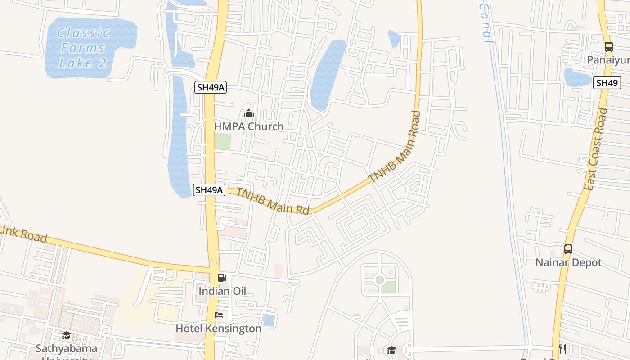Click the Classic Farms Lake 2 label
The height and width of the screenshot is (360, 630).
(84, 48)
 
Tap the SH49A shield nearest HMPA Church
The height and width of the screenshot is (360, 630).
(211, 87)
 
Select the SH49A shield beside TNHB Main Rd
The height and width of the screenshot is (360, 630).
(209, 190)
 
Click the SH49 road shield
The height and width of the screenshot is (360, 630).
(607, 83)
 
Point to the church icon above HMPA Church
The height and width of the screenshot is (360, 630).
(249, 113)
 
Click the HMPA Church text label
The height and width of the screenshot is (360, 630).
(249, 126)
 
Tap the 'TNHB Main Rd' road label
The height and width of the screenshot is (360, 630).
(273, 201)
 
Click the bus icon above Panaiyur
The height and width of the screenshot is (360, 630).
(608, 46)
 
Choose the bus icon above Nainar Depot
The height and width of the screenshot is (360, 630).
(568, 249)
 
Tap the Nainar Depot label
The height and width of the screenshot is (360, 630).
(568, 262)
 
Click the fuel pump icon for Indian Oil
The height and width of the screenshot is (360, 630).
(222, 278)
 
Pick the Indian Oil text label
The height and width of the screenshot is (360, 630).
(222, 291)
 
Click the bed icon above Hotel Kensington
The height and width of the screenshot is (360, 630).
(219, 315)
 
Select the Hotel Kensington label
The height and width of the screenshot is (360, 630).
(218, 328)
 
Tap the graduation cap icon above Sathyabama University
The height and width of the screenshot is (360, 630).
(66, 335)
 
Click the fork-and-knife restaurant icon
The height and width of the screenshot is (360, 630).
(562, 348)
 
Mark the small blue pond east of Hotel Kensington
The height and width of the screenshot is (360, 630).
(269, 320)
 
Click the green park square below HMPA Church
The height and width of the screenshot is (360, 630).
(223, 142)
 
